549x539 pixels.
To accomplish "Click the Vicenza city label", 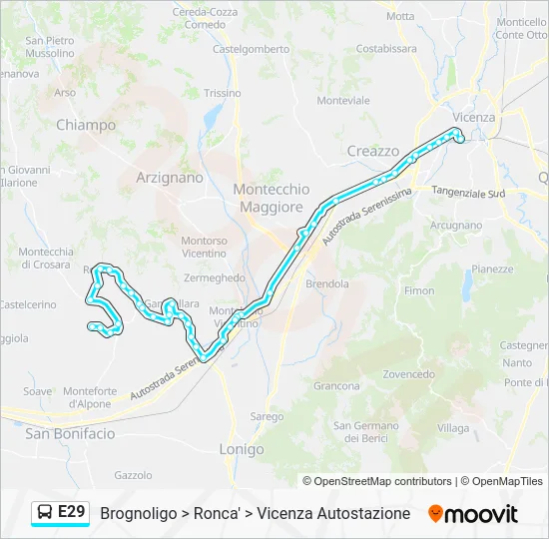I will coord(473,117).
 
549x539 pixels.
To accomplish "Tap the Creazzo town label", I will coord(373,151).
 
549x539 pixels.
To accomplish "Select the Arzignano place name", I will coord(169,177).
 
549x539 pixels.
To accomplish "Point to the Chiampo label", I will coord(86,126).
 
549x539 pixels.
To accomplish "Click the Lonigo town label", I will coord(242,449).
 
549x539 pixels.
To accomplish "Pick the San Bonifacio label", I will coord(70,433).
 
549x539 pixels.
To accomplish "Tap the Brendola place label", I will coord(327,283).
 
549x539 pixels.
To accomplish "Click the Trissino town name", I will coord(222,93).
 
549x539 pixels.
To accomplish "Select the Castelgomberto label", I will coord(251,48).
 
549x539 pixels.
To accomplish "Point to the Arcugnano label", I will coord(456,226).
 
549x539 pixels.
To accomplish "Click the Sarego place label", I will coord(267,416).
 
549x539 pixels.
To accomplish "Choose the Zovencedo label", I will coord(408,374).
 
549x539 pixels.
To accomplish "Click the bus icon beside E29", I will coord(45,513).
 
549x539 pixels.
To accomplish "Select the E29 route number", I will coord(72,512).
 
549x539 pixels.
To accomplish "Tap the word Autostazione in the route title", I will coord(363,513).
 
